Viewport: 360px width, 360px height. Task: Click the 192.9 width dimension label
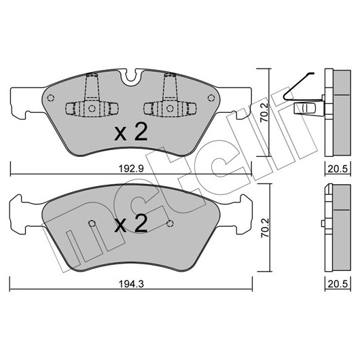click(131, 169)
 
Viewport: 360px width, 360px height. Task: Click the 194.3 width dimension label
click(131, 284)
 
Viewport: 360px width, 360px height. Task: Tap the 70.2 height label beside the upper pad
click(264, 112)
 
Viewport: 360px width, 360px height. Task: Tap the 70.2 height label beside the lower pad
click(264, 228)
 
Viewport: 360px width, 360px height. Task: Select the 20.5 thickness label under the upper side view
click(338, 169)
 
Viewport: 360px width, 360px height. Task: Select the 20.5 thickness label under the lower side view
click(338, 284)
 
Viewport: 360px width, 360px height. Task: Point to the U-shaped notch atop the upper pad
click(131, 76)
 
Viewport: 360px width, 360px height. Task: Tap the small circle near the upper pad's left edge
click(50, 98)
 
